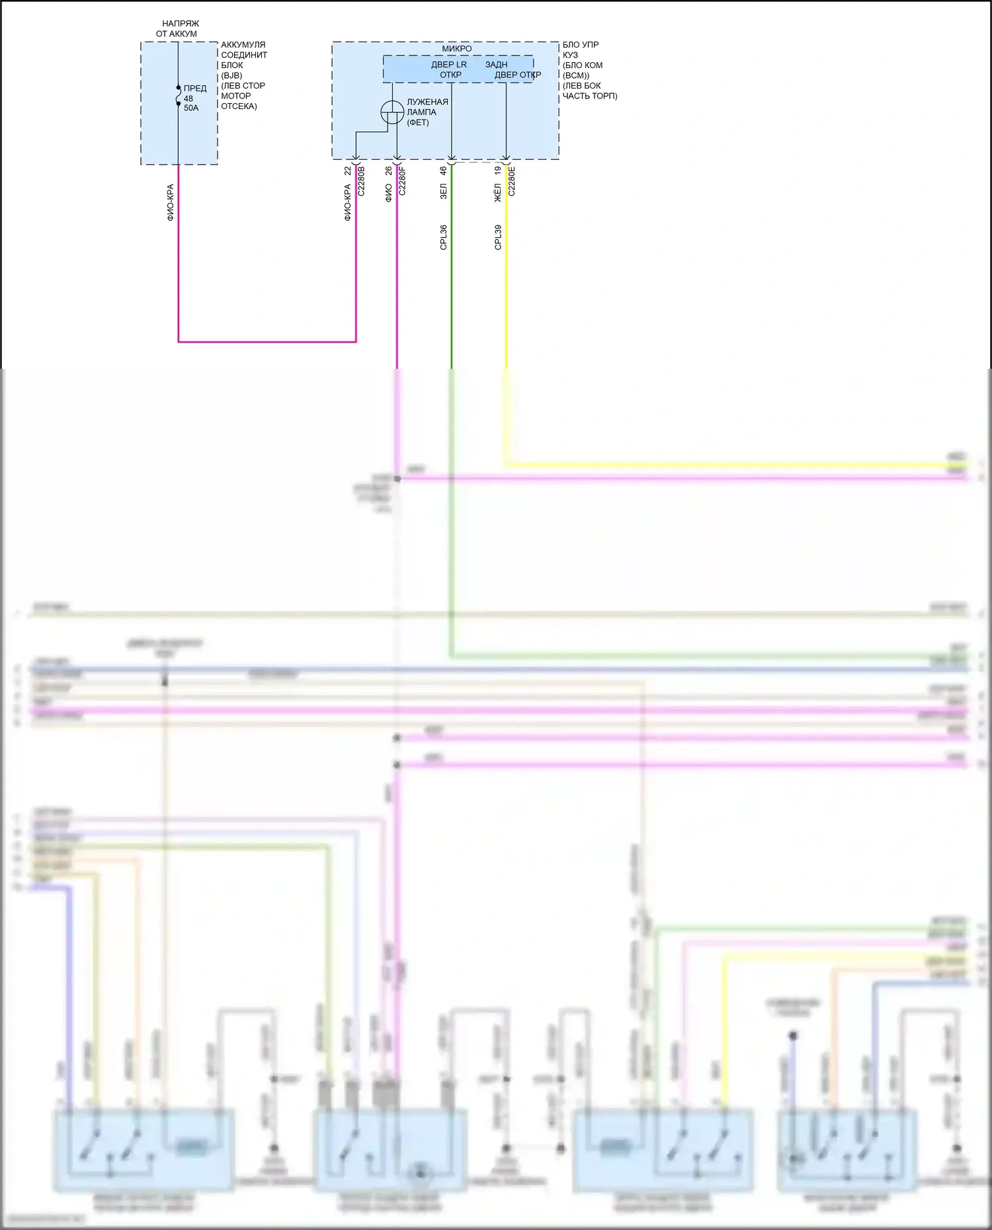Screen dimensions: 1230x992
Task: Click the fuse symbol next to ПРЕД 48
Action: [x=179, y=96]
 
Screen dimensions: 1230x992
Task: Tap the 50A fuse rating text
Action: [x=191, y=108]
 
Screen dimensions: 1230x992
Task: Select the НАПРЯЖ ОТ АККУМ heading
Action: [x=177, y=28]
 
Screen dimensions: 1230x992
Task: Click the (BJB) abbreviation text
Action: [x=231, y=75]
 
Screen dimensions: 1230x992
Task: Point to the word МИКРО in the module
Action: [x=457, y=48]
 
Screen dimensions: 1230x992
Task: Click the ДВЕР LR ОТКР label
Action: [x=450, y=69]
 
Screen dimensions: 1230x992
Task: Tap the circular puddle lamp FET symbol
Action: [x=392, y=112]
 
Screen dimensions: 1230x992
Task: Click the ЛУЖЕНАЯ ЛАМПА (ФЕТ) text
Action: [x=427, y=112]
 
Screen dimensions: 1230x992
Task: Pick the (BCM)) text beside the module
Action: [x=576, y=75]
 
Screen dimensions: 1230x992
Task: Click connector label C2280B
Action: [x=361, y=181]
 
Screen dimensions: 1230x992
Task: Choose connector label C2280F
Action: [x=402, y=181]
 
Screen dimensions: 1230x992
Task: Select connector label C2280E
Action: [x=512, y=181]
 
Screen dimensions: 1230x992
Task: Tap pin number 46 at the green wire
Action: [x=443, y=171]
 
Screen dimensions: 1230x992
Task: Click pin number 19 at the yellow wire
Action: [x=497, y=171]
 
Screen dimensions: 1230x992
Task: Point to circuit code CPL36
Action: [x=443, y=237]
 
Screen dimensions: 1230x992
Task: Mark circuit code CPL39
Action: [x=498, y=237]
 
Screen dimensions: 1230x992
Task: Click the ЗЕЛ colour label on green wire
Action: [x=443, y=192]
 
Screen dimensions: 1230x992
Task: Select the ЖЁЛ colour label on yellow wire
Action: [x=497, y=193]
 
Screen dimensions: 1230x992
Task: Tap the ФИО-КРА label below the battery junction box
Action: [x=170, y=202]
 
